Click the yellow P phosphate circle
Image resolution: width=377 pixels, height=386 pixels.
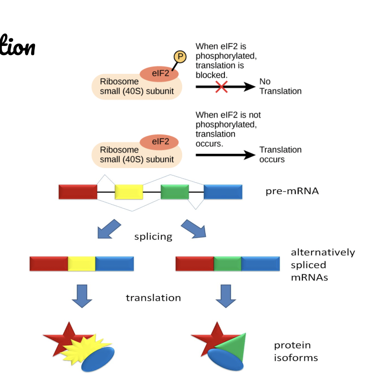(179, 58)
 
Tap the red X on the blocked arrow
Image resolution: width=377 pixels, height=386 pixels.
(221, 86)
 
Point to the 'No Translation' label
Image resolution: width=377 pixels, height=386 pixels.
(280, 86)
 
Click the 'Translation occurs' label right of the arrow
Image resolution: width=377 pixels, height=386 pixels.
(280, 155)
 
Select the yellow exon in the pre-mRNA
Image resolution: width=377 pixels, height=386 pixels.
(129, 192)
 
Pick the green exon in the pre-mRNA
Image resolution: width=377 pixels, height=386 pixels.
(175, 192)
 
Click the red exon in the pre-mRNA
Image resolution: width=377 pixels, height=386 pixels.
(78, 192)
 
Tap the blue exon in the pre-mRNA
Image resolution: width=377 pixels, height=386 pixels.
(223, 192)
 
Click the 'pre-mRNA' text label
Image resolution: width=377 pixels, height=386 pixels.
(292, 191)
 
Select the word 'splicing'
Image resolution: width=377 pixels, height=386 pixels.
(153, 237)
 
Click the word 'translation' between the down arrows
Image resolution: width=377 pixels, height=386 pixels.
(153, 298)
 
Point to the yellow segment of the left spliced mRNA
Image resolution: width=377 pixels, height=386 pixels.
(81, 264)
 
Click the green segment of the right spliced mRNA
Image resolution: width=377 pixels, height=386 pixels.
(228, 264)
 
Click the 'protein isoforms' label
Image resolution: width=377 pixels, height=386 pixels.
(296, 351)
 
